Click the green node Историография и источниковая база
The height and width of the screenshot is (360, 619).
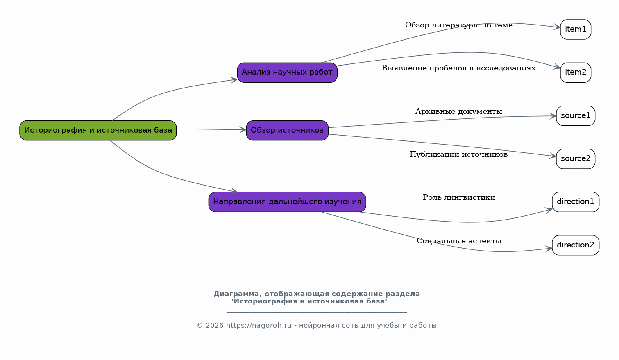pos(98,130)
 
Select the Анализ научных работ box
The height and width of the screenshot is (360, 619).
pos(287,72)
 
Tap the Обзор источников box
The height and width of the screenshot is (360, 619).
pos(287,130)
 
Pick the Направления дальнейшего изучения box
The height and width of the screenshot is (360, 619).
pos(287,202)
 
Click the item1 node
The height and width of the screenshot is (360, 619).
pos(576,29)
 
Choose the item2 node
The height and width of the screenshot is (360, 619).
pos(576,72)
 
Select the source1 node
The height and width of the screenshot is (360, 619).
pos(576,116)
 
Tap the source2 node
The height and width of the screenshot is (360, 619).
pos(576,159)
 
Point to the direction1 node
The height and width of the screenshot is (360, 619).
pos(576,202)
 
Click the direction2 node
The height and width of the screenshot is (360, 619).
pos(576,245)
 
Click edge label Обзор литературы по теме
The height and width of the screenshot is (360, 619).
pos(459,25)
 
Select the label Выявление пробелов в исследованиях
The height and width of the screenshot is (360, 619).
pos(459,68)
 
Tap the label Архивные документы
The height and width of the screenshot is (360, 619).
pos(459,111)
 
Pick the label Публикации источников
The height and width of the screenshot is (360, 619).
pos(459,154)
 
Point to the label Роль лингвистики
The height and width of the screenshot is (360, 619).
pos(459,197)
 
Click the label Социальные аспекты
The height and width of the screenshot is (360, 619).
pos(459,241)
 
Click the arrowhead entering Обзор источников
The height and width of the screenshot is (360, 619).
pos(243,129)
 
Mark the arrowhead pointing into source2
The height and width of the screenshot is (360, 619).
pos(553,156)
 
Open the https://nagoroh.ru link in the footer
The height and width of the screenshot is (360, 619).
pos(258,326)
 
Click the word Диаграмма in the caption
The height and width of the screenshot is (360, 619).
pos(237,294)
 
